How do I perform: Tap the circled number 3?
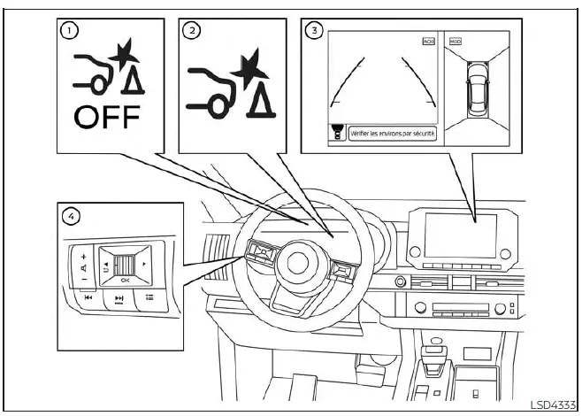[312, 30]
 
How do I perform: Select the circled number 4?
[70, 214]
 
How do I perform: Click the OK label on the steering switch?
[125, 280]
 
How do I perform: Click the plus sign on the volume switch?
[83, 255]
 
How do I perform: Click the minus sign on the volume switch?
[83, 279]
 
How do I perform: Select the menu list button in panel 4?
[149, 298]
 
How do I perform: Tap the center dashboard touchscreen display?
[460, 235]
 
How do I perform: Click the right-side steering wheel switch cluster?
[342, 273]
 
